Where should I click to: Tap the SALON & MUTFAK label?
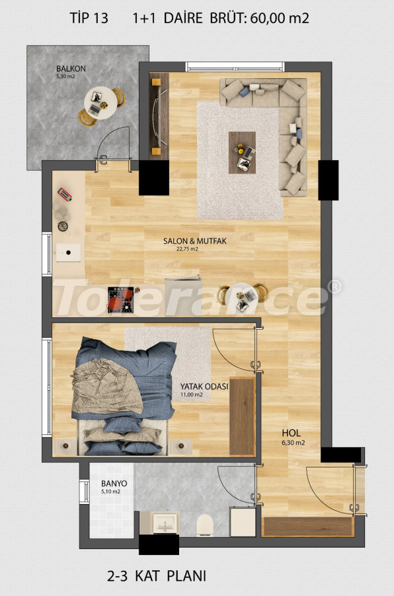coord(195,241)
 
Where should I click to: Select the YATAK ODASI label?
coord(204,387)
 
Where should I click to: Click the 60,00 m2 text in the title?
coord(279,19)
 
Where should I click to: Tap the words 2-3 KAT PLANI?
coord(161,575)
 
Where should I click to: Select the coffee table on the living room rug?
coord(241,152)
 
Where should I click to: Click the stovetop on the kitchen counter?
coord(120,298)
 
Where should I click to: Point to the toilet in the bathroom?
coord(204,524)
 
